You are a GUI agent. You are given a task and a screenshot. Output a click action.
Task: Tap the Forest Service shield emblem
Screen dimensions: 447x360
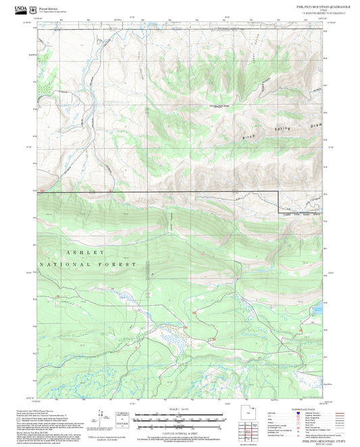(32, 9)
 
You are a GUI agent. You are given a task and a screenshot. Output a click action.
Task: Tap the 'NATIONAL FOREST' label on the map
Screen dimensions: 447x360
(88, 264)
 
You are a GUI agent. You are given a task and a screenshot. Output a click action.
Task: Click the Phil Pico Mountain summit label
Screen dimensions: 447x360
(218, 105)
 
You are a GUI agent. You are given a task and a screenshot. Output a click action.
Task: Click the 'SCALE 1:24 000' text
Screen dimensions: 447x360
(180, 408)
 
